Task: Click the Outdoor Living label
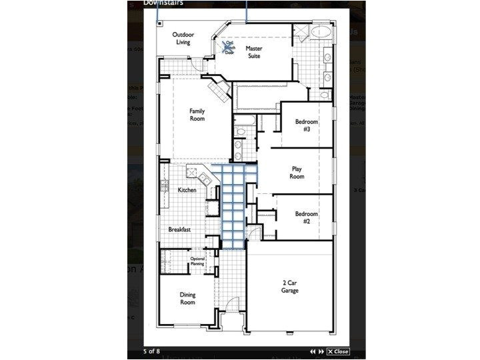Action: point(183,38)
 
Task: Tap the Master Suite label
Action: point(253,52)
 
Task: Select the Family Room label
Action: point(197,115)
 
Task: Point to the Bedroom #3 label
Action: point(307,125)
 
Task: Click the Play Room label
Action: point(297,173)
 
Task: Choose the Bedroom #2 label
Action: point(307,217)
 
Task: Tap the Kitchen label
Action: point(187,190)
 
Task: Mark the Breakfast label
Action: point(180,229)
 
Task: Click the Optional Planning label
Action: point(197,261)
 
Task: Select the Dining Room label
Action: point(188,298)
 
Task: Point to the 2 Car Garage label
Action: point(290,286)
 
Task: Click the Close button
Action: point(338,351)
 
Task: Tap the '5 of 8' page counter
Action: point(151,351)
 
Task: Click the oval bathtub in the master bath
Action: point(322,31)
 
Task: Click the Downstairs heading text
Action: point(163,3)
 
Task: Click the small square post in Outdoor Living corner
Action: point(160,23)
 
